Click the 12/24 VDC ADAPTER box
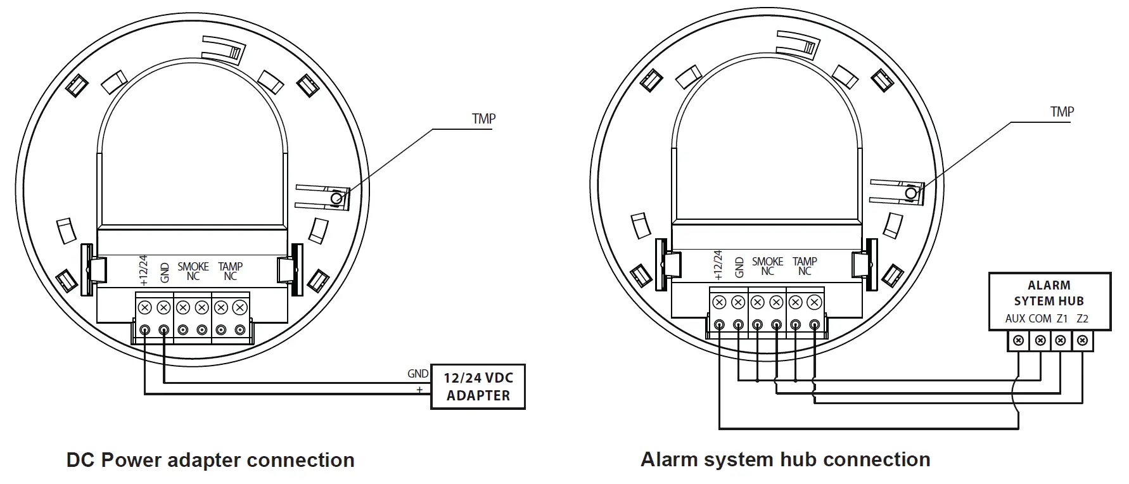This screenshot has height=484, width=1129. coord(478,386)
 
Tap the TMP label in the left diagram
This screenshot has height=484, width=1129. coord(483,118)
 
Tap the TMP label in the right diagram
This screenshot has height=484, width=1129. coord(1062,112)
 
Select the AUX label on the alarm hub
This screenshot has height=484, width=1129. coord(1015,319)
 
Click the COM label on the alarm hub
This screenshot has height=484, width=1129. coord(1040,319)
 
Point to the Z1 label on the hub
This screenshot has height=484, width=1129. coord(1062,319)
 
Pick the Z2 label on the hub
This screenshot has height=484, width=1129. coord(1082,319)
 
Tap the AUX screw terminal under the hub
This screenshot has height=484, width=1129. coord(1018,341)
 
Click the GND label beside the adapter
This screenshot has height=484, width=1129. coord(418,374)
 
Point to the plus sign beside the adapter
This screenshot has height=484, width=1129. coord(419,389)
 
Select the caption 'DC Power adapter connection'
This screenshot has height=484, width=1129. coord(210,460)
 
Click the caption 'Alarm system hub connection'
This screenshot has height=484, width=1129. coord(786,459)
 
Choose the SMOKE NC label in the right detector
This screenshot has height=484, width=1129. coord(767,266)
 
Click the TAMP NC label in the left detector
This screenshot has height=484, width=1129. coord(230,271)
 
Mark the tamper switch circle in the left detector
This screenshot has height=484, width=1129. coord(336,198)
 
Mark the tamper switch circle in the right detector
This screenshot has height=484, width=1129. coord(911,193)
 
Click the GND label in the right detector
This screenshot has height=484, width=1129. coord(739,267)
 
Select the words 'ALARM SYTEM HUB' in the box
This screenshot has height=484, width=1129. coord(1049,293)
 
